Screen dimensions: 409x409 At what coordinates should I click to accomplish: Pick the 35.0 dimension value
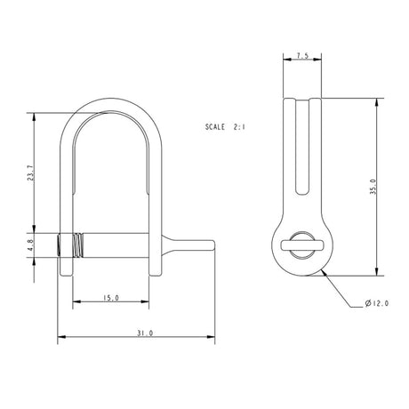click(375, 188)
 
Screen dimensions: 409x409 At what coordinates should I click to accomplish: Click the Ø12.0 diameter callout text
click(377, 304)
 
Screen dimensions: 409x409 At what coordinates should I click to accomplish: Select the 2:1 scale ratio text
click(239, 128)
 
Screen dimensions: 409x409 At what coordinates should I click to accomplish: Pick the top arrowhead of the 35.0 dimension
click(380, 100)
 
